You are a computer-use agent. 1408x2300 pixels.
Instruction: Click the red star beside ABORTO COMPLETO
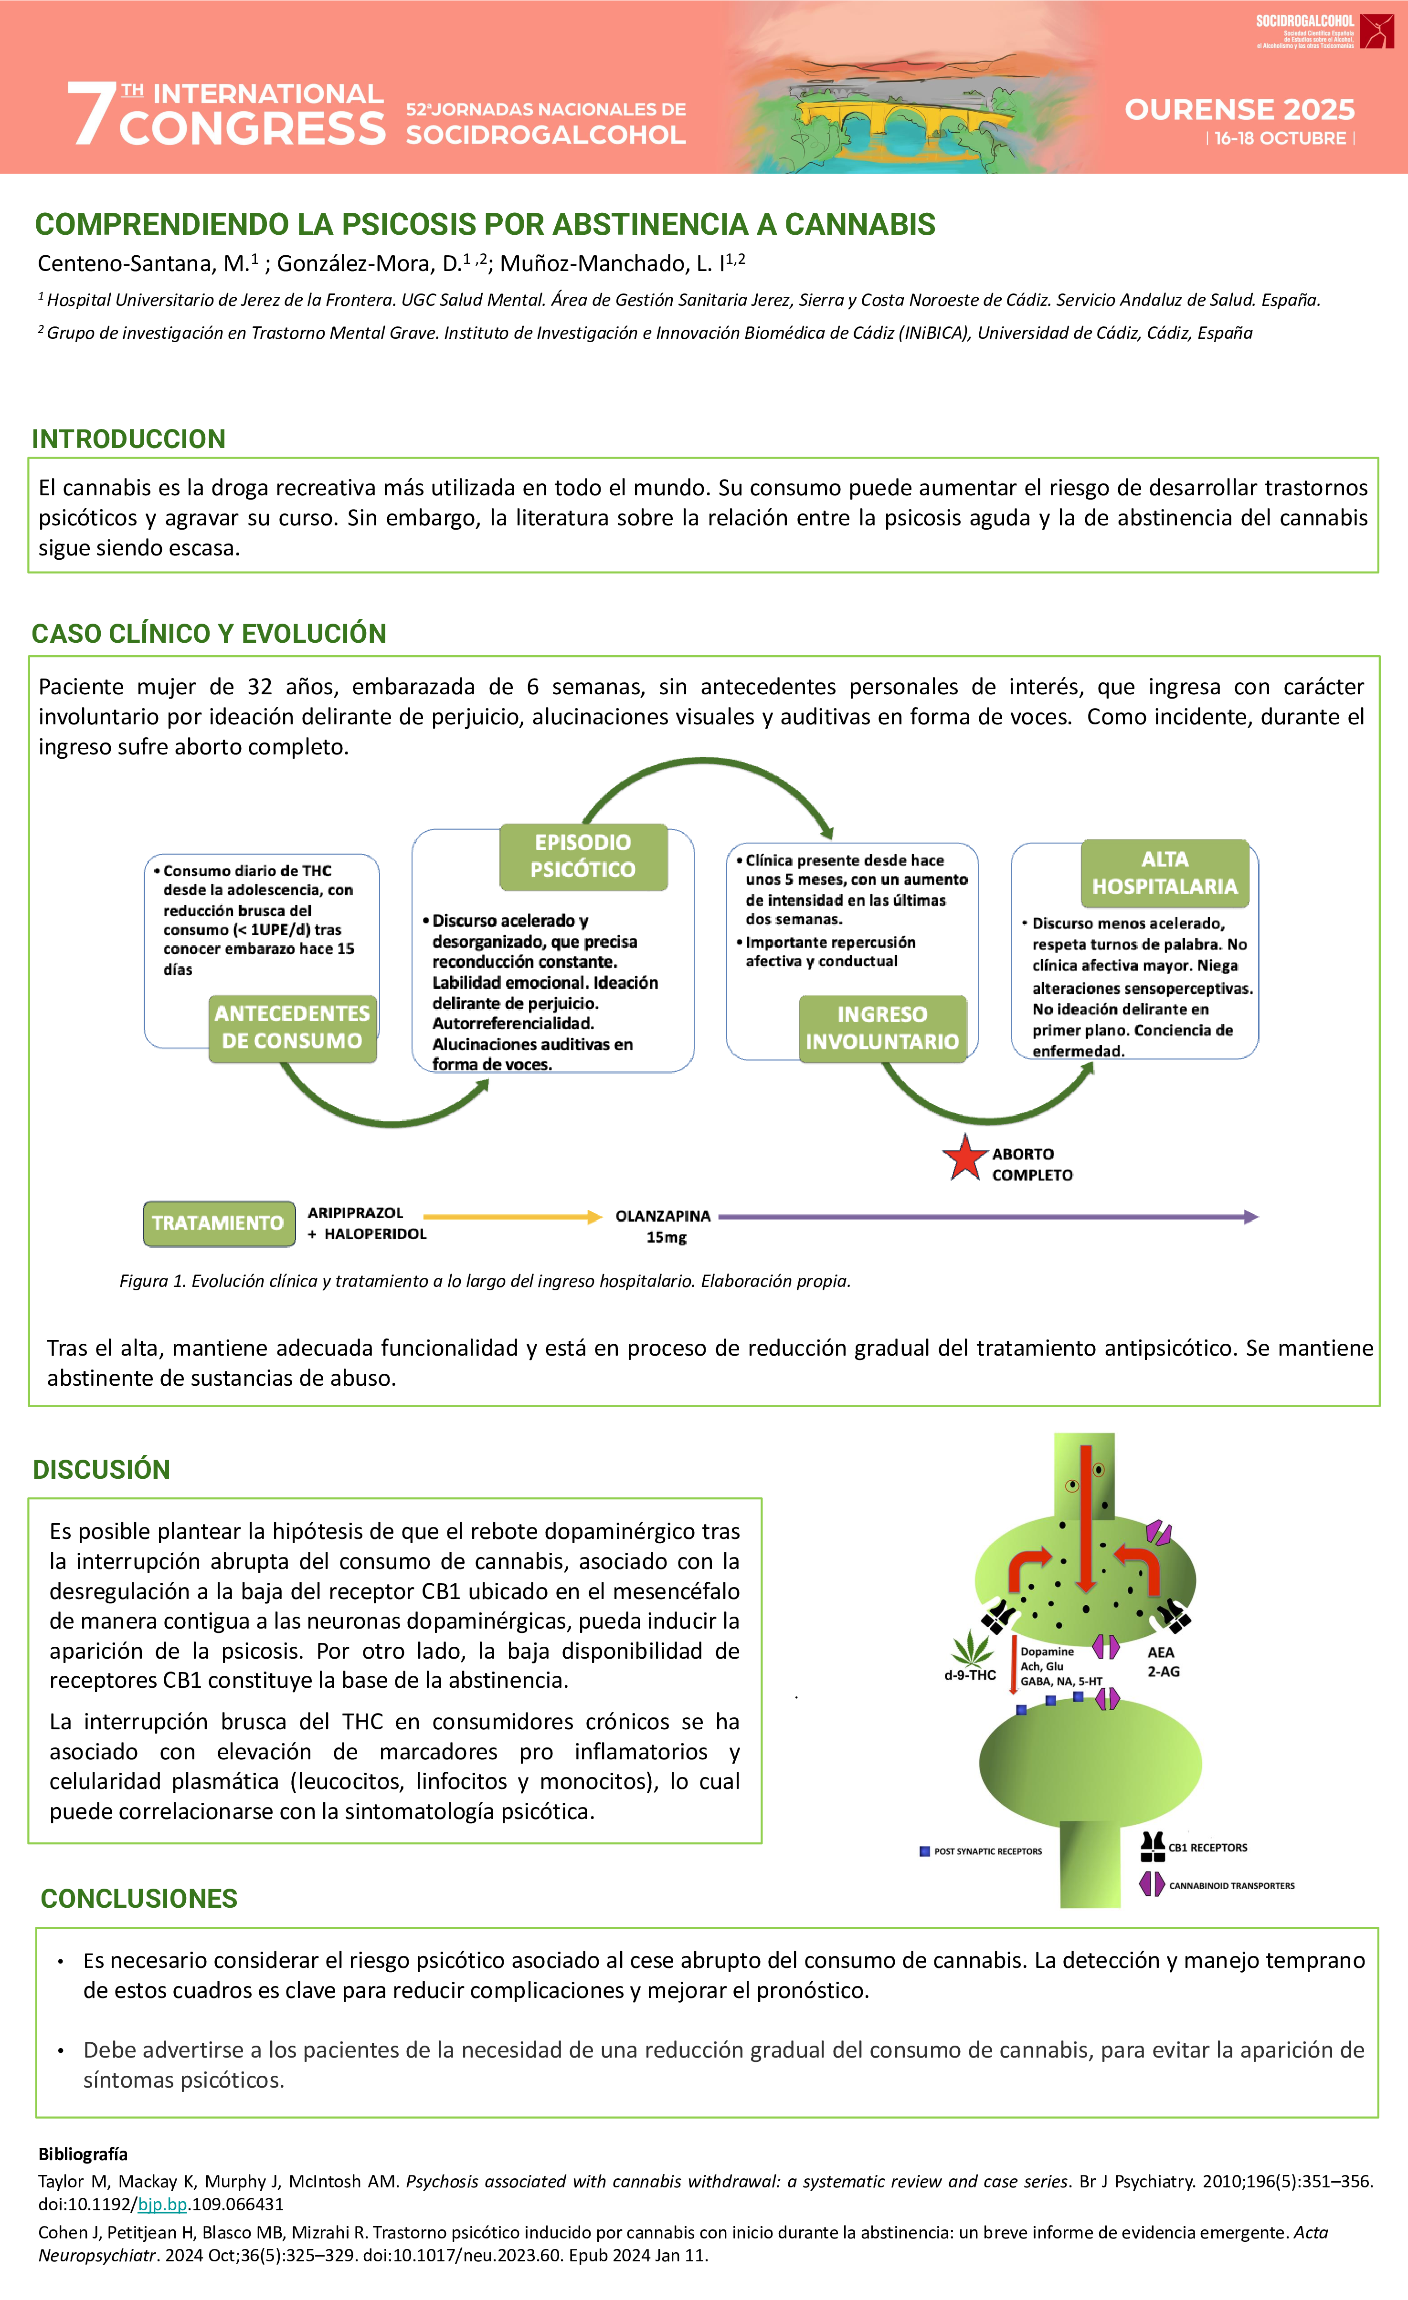(x=964, y=1159)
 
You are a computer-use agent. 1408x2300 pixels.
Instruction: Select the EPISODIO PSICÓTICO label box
(x=583, y=856)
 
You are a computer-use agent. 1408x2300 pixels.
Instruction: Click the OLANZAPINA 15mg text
(x=663, y=1225)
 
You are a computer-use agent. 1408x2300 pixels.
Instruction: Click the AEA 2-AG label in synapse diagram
(x=1163, y=1662)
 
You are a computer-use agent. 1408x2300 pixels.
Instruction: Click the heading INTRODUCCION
(x=129, y=439)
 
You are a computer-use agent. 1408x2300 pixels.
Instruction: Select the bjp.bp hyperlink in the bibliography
(x=162, y=2204)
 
